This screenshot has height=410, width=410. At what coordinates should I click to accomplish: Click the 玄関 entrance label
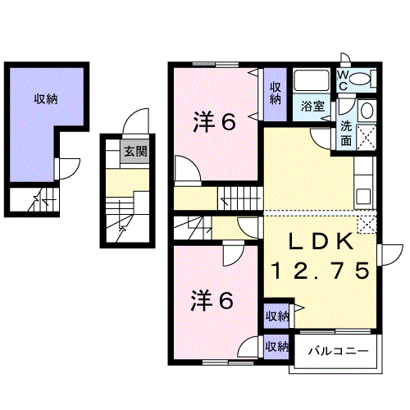coord(135,151)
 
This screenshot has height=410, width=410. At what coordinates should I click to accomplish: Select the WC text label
coord(344,80)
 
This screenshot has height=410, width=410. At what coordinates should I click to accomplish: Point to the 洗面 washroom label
coord(347,134)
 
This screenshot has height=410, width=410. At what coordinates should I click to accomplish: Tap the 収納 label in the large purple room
coord(45,99)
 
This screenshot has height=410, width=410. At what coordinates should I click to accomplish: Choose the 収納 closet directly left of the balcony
coord(276,347)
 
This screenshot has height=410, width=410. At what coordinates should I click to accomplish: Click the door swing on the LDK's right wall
coord(393,254)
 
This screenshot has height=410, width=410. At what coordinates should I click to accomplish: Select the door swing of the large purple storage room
coord(67,166)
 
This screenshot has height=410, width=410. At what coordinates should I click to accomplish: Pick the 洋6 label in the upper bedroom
coord(214,122)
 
